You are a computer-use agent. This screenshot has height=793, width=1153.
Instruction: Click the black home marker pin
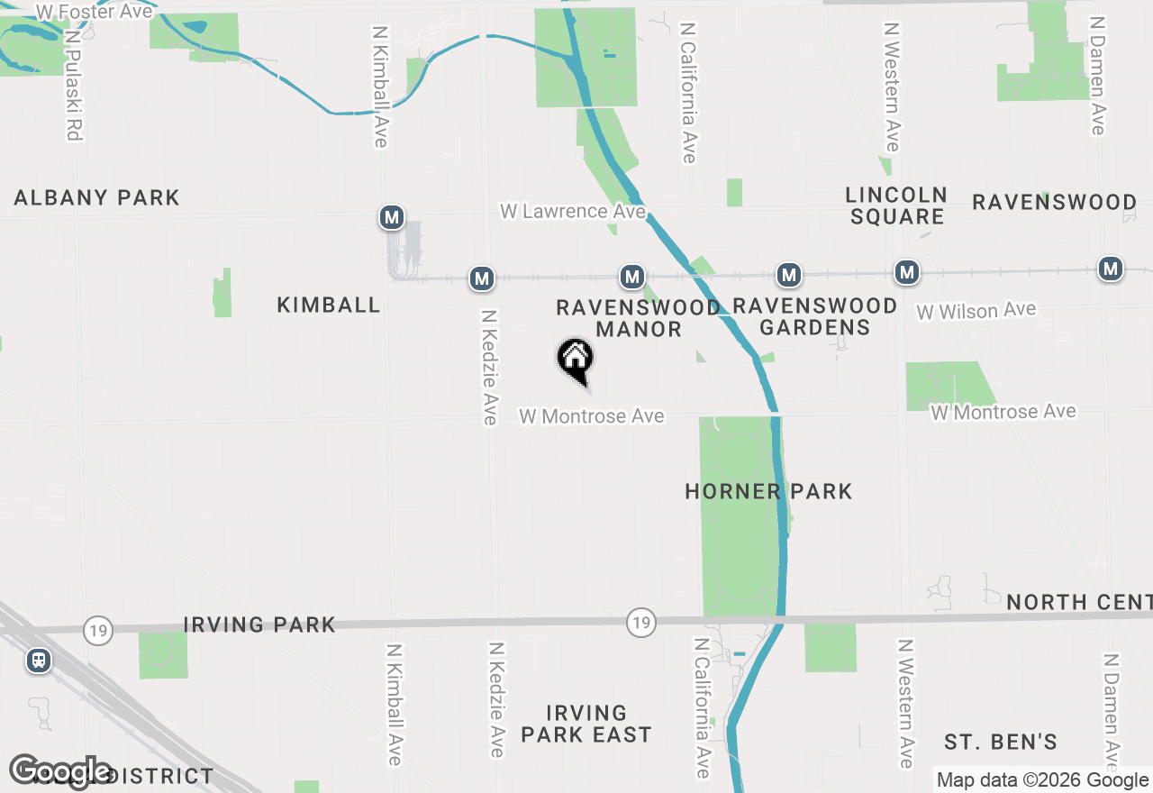(x=575, y=360)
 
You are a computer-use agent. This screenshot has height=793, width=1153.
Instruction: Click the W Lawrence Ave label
(x=574, y=212)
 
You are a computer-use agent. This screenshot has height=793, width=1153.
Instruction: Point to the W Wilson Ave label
(x=976, y=311)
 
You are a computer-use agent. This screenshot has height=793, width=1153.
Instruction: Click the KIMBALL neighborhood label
(x=329, y=305)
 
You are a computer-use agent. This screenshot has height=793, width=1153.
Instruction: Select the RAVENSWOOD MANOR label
(x=638, y=318)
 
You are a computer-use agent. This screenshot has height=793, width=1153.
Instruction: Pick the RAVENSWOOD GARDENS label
(x=815, y=316)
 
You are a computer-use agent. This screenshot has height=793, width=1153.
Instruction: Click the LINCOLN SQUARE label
(x=896, y=205)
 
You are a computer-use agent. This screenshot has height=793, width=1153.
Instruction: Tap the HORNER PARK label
(x=768, y=491)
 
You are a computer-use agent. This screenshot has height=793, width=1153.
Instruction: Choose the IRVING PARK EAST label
(x=586, y=725)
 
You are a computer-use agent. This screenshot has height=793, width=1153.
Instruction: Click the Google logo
(x=60, y=771)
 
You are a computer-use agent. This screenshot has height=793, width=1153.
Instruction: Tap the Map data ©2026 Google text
(x=1042, y=780)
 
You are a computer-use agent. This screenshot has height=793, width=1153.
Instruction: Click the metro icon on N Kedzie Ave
(x=482, y=278)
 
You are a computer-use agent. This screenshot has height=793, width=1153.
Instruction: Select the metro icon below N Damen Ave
(x=1111, y=269)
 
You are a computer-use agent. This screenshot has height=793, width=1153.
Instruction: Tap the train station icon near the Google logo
(x=39, y=661)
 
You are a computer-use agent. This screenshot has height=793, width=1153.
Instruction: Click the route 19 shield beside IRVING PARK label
(x=97, y=630)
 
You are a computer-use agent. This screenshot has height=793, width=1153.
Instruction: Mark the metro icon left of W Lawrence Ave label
(x=391, y=217)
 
